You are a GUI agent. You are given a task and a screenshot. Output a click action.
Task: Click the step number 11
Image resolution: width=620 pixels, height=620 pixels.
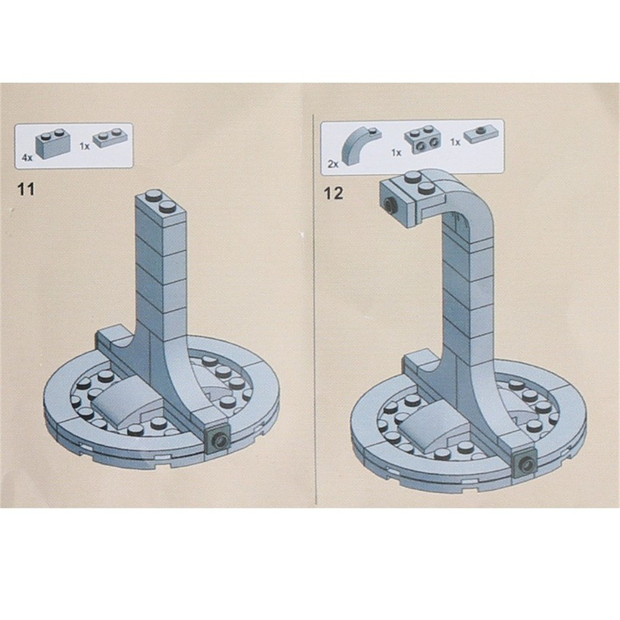point(26,189)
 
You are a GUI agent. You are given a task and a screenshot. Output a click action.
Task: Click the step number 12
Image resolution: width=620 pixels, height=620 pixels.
point(334,193)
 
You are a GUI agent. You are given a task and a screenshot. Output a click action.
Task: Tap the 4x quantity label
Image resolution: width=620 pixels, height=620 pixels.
point(27,158)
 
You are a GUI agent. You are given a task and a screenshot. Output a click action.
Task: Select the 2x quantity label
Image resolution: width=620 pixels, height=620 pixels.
point(333,164)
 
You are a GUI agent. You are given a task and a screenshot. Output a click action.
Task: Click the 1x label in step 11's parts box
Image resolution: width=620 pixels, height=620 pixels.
point(84,146)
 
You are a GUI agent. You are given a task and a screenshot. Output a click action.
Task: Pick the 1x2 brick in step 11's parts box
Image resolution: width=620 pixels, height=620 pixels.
point(53,143)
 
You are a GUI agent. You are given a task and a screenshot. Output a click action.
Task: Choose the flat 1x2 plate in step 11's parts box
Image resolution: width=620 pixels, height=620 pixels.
point(111,138)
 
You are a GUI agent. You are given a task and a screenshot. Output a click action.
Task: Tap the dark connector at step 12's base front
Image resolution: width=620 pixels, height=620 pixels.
point(525,463)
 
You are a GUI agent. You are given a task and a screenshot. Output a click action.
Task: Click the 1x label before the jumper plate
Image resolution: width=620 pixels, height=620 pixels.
point(455,142)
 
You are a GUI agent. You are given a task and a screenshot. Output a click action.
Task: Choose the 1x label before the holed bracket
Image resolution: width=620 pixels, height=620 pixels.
point(396,153)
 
